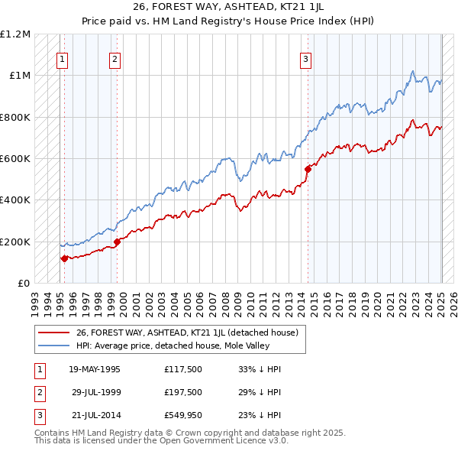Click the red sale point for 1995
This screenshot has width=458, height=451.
pyautogui.click(x=64, y=258)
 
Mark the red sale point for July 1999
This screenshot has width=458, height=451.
pyautogui.click(x=118, y=242)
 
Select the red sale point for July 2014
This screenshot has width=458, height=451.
pyautogui.click(x=308, y=169)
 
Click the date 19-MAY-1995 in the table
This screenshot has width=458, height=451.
pyautogui.click(x=95, y=369)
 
